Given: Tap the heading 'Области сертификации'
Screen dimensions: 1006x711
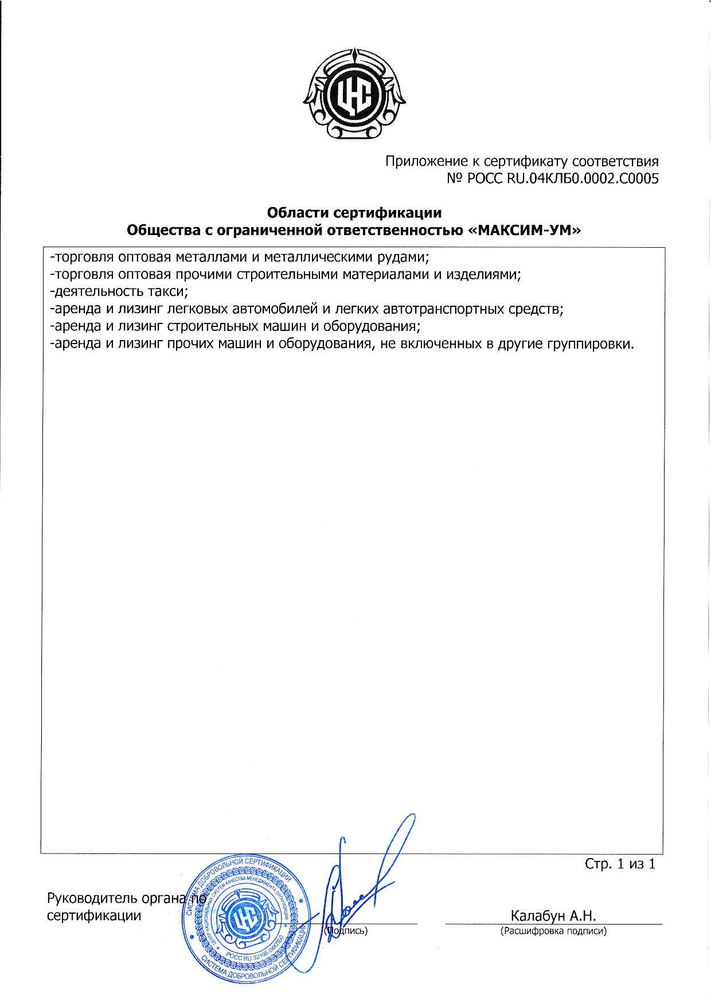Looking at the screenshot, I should [x=354, y=213].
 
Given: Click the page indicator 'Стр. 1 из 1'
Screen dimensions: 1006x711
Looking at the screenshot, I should [x=619, y=864].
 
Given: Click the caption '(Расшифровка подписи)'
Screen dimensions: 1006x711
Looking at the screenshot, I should [x=553, y=931].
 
